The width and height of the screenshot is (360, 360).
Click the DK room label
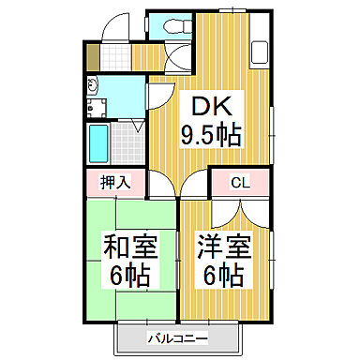212,105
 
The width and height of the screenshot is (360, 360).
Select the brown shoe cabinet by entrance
91,55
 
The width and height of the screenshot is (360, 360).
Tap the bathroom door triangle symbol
138,124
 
